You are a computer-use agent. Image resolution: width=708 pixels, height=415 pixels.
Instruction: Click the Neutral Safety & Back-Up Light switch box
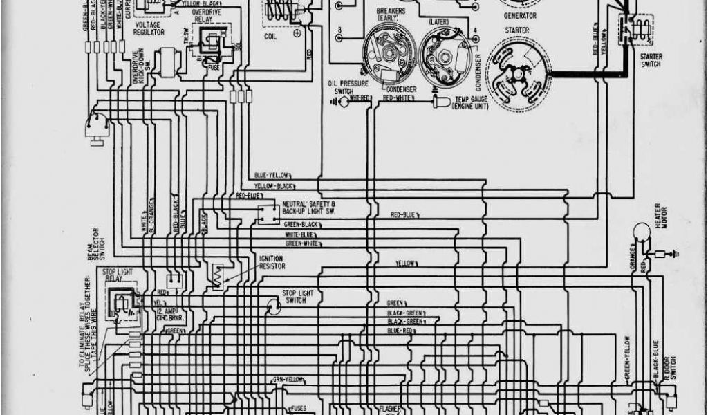tap(268, 214)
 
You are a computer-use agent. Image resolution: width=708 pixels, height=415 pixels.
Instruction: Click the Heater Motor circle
tap(642, 232)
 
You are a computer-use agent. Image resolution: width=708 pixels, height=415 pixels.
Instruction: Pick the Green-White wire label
tap(303, 243)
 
